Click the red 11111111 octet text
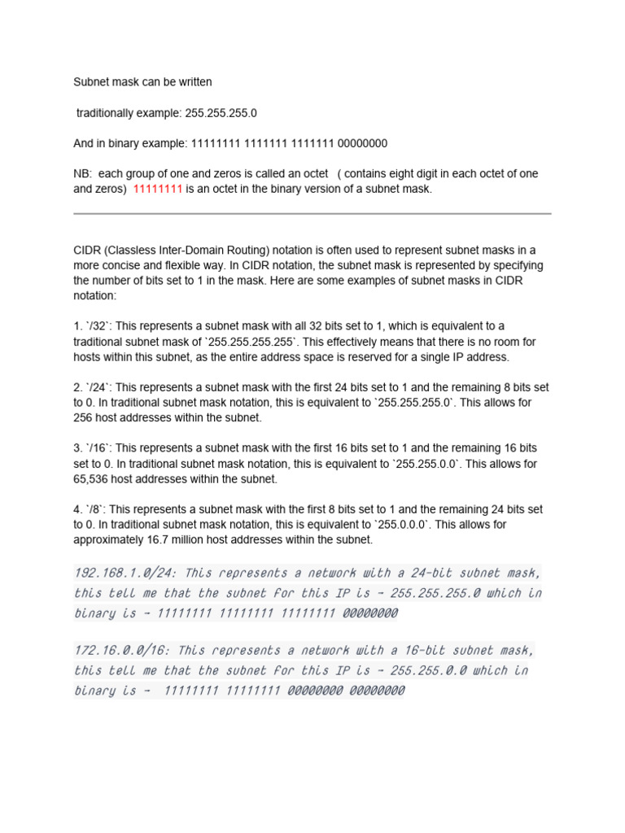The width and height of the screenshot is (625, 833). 157,189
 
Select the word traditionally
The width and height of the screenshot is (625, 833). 107,112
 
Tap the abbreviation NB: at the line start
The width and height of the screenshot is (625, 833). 84,174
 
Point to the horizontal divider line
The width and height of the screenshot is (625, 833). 312,214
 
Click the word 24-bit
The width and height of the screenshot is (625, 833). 409,573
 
